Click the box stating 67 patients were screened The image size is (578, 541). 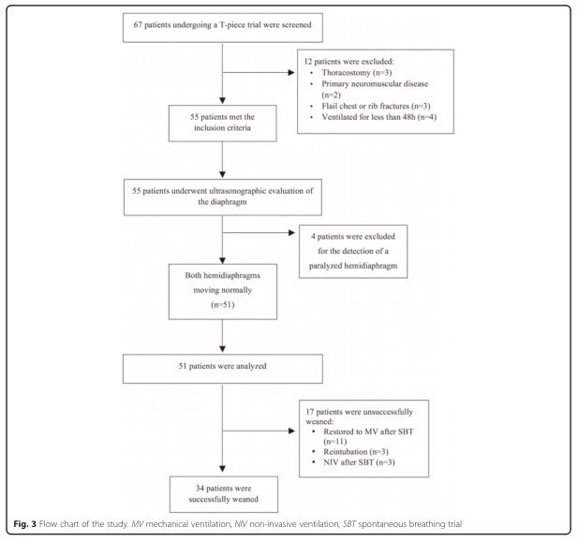pos(223,28)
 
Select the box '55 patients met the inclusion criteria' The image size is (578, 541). pos(223,124)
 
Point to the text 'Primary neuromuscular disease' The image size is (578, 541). pos(375,83)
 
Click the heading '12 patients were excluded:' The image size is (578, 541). pos(348,62)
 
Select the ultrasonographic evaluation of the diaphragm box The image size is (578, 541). pos(223,197)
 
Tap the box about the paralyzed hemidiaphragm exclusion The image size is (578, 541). pos(353,251)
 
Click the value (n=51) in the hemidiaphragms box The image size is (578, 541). pos(223,304)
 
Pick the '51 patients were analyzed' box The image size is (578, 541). pos(223,369)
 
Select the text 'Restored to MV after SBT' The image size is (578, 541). pos(368,431)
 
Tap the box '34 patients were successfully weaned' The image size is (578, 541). pos(224,494)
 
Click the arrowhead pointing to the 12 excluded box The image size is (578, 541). pos(291,73)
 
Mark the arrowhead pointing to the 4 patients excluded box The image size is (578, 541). pos(291,233)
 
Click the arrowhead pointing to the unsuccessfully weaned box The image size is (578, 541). pos(291,431)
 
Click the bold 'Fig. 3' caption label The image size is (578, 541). pos(24,524)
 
